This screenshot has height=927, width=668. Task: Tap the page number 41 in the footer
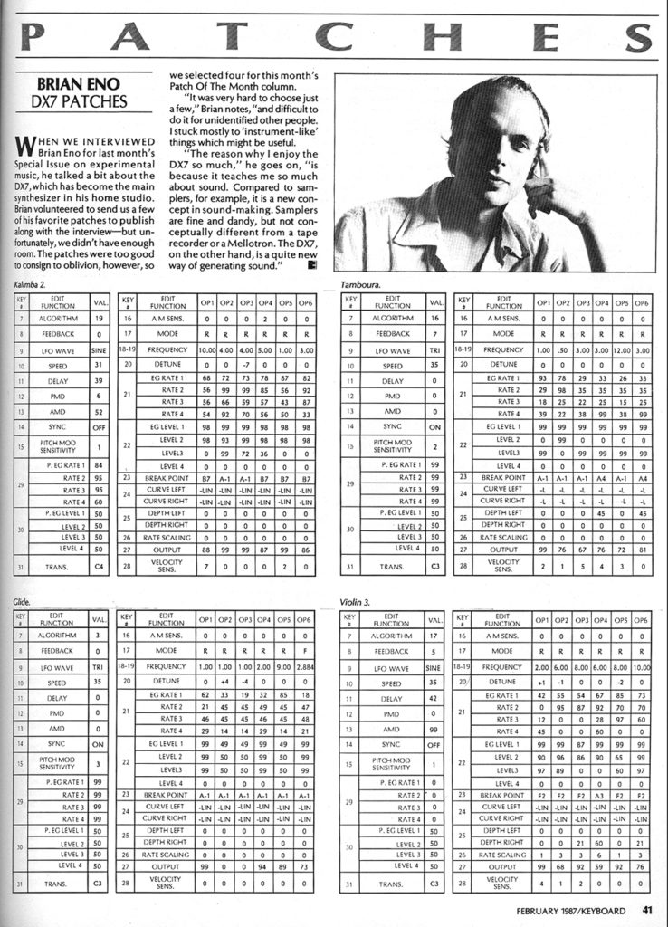point(647,910)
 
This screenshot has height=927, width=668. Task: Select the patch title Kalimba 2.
point(32,285)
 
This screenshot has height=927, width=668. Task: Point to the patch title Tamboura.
point(360,285)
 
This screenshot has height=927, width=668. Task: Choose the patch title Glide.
point(23,601)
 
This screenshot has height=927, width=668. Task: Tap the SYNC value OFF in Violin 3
point(435,744)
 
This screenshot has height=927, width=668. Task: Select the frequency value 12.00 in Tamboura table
point(619,349)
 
